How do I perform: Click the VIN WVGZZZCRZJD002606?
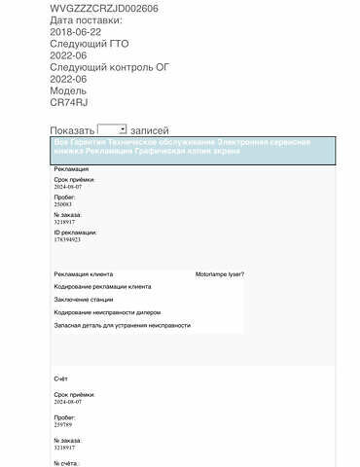click(104, 7)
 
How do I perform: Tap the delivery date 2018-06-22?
click(74, 31)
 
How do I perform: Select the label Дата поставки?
click(86, 19)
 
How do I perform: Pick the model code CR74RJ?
click(68, 101)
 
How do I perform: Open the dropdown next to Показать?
click(112, 128)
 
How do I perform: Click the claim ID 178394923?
click(67, 239)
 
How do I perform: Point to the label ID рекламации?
click(75, 233)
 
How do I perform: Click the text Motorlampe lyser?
click(219, 274)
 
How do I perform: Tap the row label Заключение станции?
click(86, 300)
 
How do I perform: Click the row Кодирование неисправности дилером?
click(107, 312)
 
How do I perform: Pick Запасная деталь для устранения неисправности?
click(123, 325)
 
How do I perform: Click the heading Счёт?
click(61, 378)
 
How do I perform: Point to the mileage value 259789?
click(62, 424)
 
